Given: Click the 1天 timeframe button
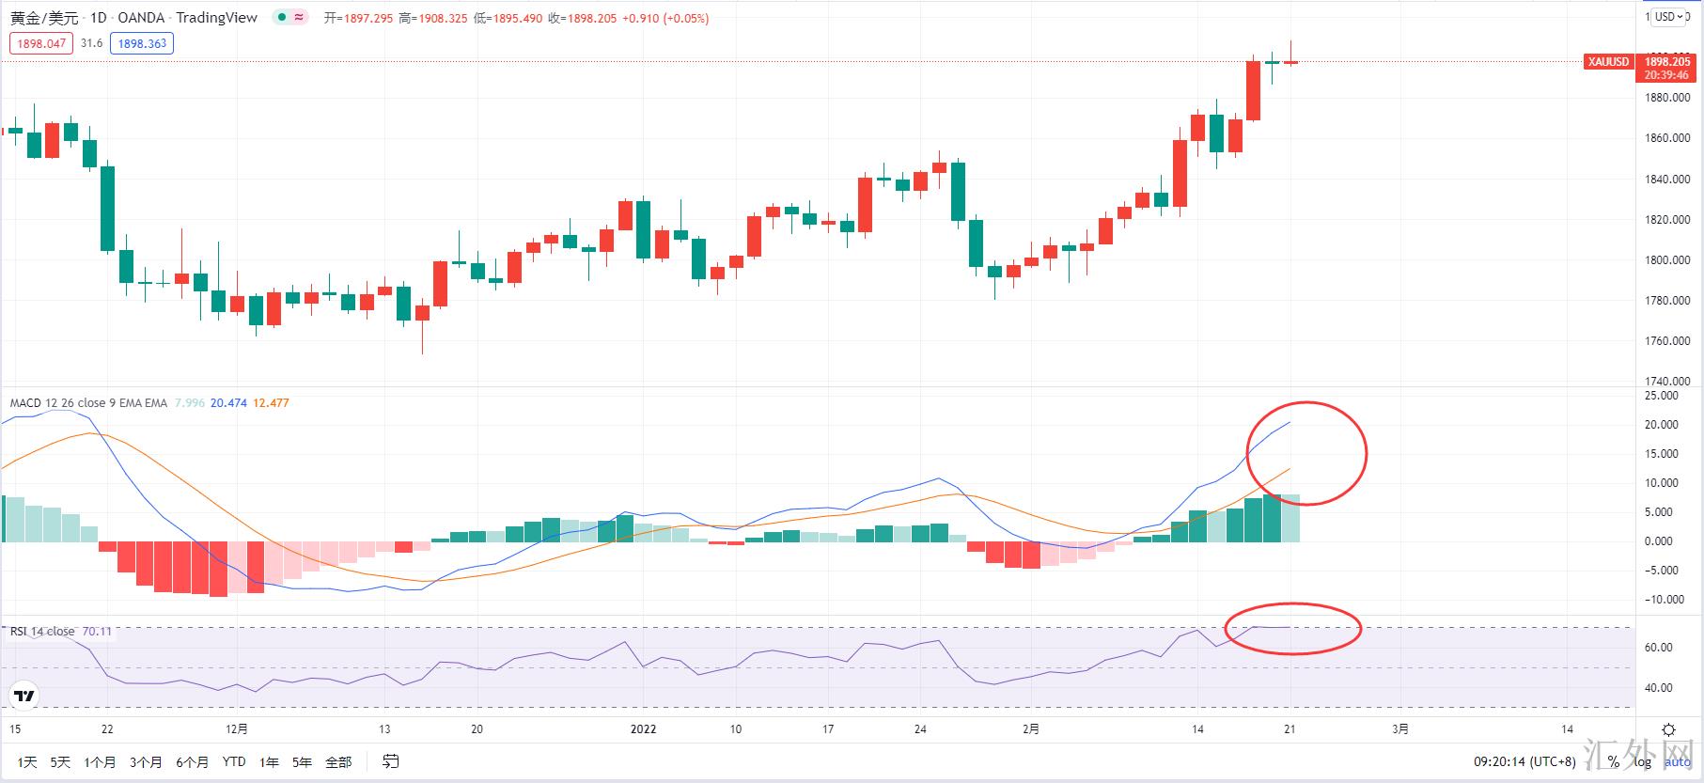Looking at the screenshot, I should point(27,762).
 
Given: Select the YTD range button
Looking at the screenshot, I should point(234,762).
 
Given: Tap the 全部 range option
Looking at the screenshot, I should point(338,762).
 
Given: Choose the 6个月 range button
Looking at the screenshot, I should point(192,762).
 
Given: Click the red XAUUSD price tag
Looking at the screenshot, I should point(1608,62).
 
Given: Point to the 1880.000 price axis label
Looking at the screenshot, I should point(1667,98).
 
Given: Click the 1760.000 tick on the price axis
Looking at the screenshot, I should point(1667,341).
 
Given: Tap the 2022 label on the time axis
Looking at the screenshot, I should point(643,729).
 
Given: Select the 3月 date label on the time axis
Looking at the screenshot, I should point(1400,729).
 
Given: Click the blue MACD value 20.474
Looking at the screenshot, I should point(228,403).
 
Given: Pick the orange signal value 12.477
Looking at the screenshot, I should point(271,403).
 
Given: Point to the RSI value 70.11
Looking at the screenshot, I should point(97,632).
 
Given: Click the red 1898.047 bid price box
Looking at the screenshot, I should point(41,43).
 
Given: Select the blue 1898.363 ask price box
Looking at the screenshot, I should point(142,43).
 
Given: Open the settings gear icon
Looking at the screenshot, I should point(1668,730).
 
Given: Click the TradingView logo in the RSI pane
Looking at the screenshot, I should point(24,697).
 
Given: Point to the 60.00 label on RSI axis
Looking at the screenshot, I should point(1659,648).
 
